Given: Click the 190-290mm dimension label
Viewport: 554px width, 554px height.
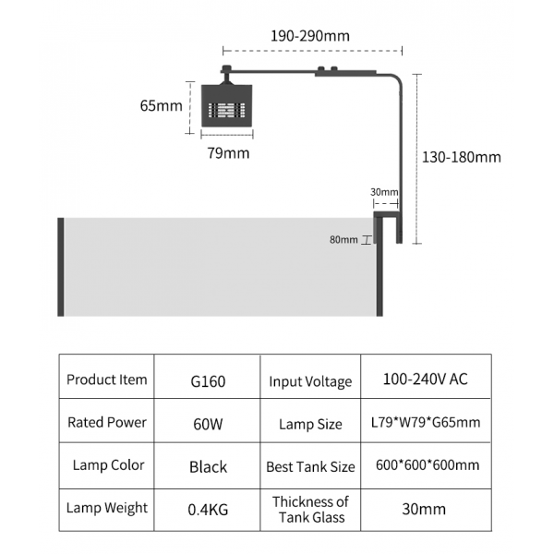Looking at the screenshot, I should pos(310,36).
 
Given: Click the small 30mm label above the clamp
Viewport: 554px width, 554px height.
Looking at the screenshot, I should pos(384,192).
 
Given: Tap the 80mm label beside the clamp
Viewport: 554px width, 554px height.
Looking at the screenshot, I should pos(343,240).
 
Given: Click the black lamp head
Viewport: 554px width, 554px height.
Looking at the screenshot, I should pos(226,109).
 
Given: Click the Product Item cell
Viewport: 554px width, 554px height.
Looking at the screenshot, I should pos(106,379).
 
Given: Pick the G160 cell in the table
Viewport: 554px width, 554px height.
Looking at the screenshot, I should pos(208,380).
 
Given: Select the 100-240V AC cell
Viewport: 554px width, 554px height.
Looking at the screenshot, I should pos(425,379).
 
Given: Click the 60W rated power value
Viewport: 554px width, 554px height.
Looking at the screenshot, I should pos(208,423).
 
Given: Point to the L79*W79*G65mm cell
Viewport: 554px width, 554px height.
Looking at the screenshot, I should pos(425,424).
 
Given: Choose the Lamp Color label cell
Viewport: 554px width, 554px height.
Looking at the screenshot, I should pos(106,465).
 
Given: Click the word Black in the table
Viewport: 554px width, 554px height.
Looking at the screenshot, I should pos(208,466).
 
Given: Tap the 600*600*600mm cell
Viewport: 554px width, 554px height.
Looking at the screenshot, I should pos(425,465).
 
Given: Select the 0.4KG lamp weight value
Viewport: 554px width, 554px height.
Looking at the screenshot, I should pos(208,508).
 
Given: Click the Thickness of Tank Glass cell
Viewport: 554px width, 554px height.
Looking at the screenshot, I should pos(310,509).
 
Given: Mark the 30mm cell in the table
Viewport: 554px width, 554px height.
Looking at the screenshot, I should pos(425,509).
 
